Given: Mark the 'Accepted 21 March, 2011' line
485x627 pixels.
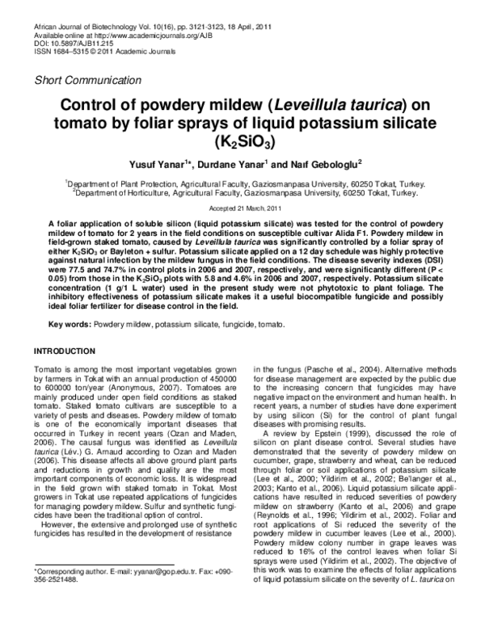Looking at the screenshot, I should tap(242, 208).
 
